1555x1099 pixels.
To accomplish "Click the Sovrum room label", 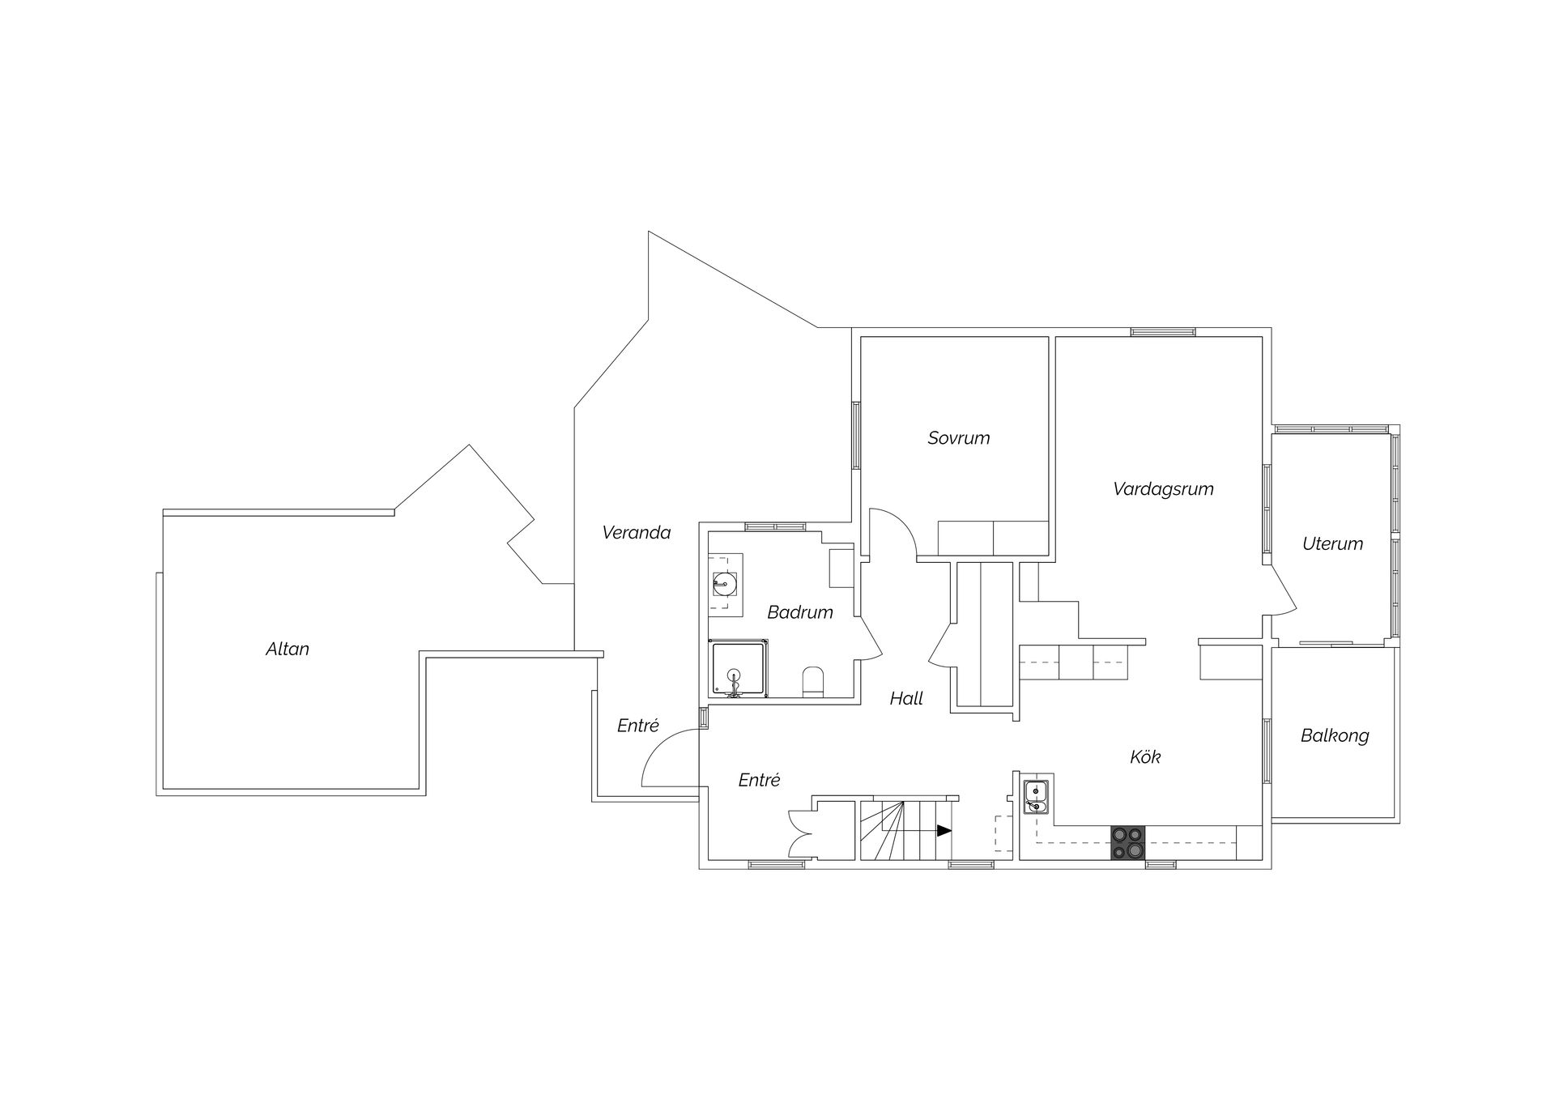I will point(959,438).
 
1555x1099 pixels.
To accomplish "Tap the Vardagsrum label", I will point(1163,489).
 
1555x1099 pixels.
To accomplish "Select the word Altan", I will point(288,649).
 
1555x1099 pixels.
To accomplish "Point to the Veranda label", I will point(637,533).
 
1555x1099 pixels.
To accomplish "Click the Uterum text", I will point(1332,544).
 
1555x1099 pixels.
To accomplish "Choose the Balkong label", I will point(1335,736).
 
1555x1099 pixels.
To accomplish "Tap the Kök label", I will point(1145,757).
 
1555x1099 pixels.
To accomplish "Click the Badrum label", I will point(800,612).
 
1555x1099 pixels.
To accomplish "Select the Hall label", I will point(906,699).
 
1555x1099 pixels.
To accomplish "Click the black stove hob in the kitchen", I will point(1128,842).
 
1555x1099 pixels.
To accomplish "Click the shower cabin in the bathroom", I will point(739,668).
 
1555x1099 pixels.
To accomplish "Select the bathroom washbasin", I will point(724,581).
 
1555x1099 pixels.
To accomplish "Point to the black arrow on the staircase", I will point(944,830).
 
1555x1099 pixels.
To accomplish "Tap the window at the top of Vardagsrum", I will point(1163,331).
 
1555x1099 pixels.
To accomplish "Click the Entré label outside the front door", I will point(638,726).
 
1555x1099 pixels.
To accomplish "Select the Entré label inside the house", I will point(760,781).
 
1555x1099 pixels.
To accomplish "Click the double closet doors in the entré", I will point(799,834).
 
